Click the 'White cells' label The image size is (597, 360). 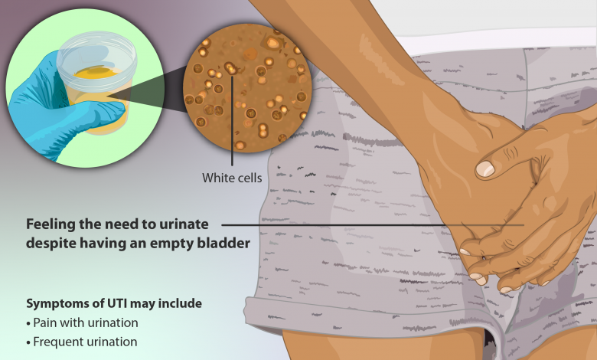coord(232,178)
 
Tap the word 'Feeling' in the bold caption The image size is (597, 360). coord(51,224)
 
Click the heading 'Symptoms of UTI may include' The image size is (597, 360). coord(114,303)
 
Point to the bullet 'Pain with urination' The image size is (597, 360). coord(82,322)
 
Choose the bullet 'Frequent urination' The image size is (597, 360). coord(82,342)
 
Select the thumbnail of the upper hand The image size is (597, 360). coord(485,169)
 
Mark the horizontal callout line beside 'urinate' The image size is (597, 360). coord(373,225)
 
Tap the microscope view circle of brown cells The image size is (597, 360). coord(247,88)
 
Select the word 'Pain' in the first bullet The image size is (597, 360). coord(43,322)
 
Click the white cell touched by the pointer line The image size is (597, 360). coord(230,69)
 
